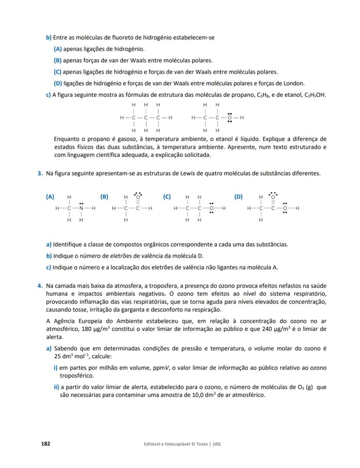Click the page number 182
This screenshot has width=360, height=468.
tap(46, 444)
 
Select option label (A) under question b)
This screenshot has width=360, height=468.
tap(57, 49)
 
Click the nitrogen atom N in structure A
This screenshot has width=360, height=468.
tap(81, 209)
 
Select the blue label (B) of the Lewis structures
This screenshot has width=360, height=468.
tap(104, 196)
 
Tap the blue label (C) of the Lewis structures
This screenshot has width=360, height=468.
tap(167, 196)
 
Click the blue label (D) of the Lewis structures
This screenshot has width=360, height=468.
tap(238, 196)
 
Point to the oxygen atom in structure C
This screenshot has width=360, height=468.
tap(211, 209)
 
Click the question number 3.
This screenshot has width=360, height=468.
tap(40, 173)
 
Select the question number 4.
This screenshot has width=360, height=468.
tap(40, 286)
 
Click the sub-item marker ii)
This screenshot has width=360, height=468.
tap(56, 387)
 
